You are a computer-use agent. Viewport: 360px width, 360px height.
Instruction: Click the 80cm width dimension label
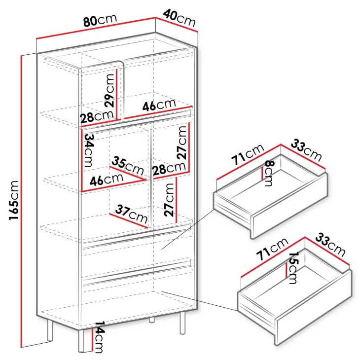[x=100, y=20]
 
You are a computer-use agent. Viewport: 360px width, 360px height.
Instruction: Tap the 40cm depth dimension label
[x=180, y=18]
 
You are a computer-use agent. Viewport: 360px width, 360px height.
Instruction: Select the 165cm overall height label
[x=14, y=200]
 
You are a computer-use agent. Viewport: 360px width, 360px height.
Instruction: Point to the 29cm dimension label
[x=109, y=91]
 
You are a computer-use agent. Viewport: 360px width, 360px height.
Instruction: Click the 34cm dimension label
[x=89, y=150]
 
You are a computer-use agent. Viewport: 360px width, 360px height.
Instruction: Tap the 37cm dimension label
[x=131, y=214]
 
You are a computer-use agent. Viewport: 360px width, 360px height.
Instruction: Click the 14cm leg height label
[x=99, y=337]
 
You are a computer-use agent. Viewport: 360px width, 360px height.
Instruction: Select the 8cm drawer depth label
[x=269, y=173]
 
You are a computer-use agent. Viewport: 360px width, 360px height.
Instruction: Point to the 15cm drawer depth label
[x=293, y=268]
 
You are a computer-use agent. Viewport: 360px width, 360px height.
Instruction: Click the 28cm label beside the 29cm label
[x=97, y=116]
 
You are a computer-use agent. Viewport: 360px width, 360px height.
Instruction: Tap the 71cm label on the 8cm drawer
[x=248, y=154]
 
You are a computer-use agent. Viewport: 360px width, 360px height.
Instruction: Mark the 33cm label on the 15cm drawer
[x=330, y=245]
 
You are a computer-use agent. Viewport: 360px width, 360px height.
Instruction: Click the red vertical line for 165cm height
[x=21, y=201]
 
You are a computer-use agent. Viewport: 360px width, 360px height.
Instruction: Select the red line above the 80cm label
[x=96, y=28]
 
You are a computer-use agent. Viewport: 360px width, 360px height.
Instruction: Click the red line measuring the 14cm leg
[x=92, y=340]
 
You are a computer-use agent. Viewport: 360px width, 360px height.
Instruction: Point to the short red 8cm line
[x=262, y=174]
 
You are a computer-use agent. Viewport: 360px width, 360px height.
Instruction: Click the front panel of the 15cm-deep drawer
[x=314, y=308]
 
